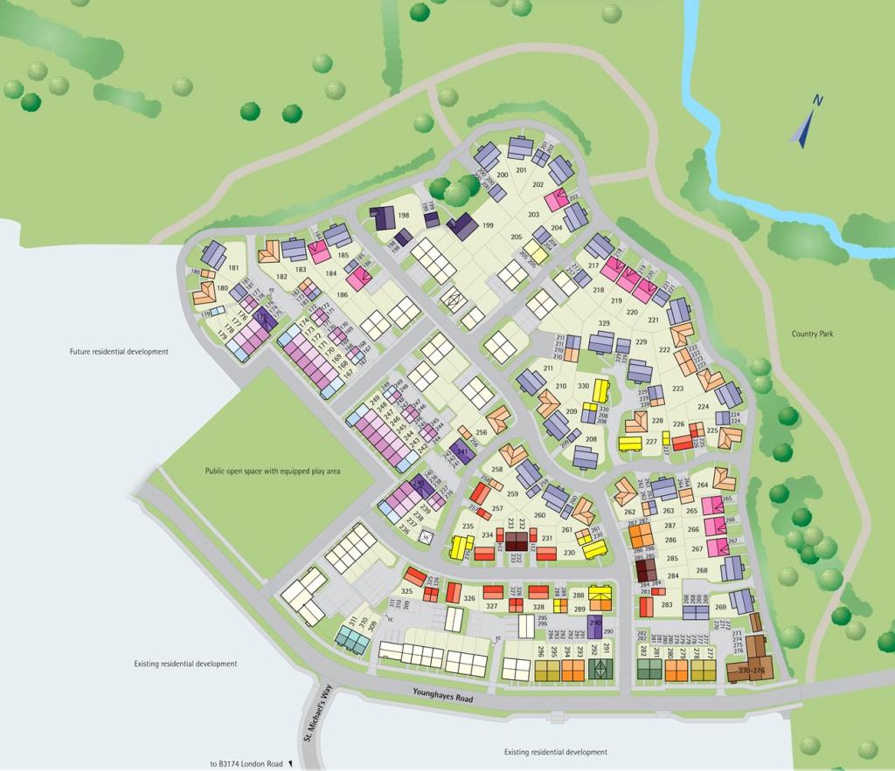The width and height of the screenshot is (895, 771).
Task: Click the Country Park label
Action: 815,334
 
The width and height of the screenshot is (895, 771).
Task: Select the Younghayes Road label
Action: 442,694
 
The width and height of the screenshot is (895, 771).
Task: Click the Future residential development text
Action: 119,352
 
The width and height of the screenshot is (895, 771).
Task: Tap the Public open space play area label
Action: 273,471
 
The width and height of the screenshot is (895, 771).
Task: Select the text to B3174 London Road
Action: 246,764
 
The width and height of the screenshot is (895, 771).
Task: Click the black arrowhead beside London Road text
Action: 290,764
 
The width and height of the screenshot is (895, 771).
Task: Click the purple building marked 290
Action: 595,626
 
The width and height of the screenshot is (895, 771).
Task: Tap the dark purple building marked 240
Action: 420,486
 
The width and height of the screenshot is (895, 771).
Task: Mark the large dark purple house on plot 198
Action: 382,217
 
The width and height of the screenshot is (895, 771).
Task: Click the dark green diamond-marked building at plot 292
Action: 599,670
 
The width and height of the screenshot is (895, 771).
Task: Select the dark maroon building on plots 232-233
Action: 517,540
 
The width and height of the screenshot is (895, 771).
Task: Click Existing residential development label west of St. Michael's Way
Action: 185,664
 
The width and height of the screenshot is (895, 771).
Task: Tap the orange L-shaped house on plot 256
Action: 498,420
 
